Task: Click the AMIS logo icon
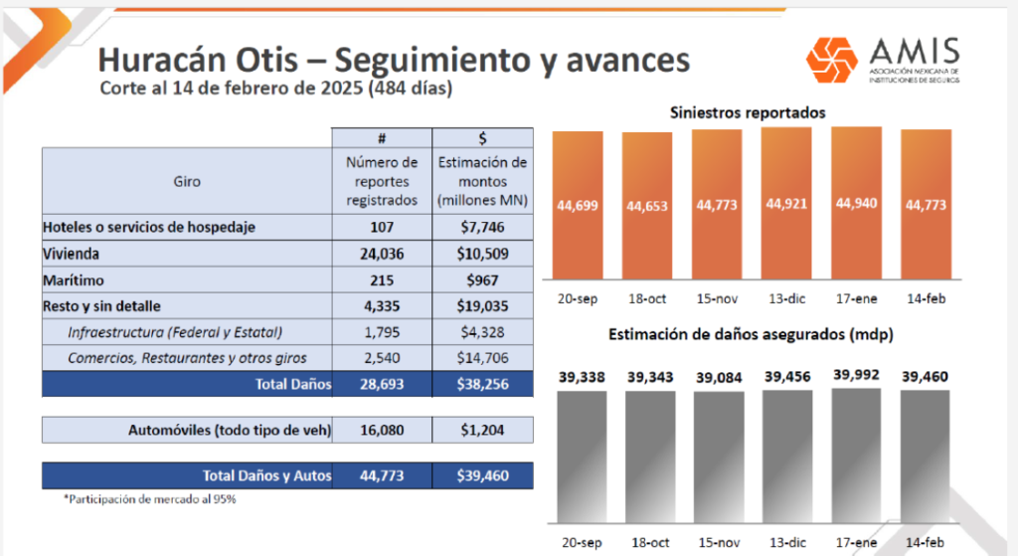click(x=832, y=60)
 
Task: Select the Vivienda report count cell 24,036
click(x=382, y=254)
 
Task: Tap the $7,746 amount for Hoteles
click(x=482, y=228)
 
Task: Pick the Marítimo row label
click(x=74, y=280)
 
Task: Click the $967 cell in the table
click(x=482, y=280)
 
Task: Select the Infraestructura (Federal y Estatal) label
click(x=175, y=332)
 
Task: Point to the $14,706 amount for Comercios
click(x=482, y=358)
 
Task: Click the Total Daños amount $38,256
click(x=482, y=385)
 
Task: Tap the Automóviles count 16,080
click(x=382, y=430)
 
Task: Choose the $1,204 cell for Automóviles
click(x=482, y=430)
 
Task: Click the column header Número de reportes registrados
click(x=382, y=181)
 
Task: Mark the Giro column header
click(x=187, y=182)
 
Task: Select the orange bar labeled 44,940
click(x=856, y=203)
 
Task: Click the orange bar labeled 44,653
click(x=647, y=206)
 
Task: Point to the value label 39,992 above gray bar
click(x=856, y=375)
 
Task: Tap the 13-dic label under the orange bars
click(x=787, y=298)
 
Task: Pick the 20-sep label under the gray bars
click(x=582, y=542)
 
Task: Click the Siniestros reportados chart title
click(x=748, y=113)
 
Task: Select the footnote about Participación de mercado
click(x=150, y=499)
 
